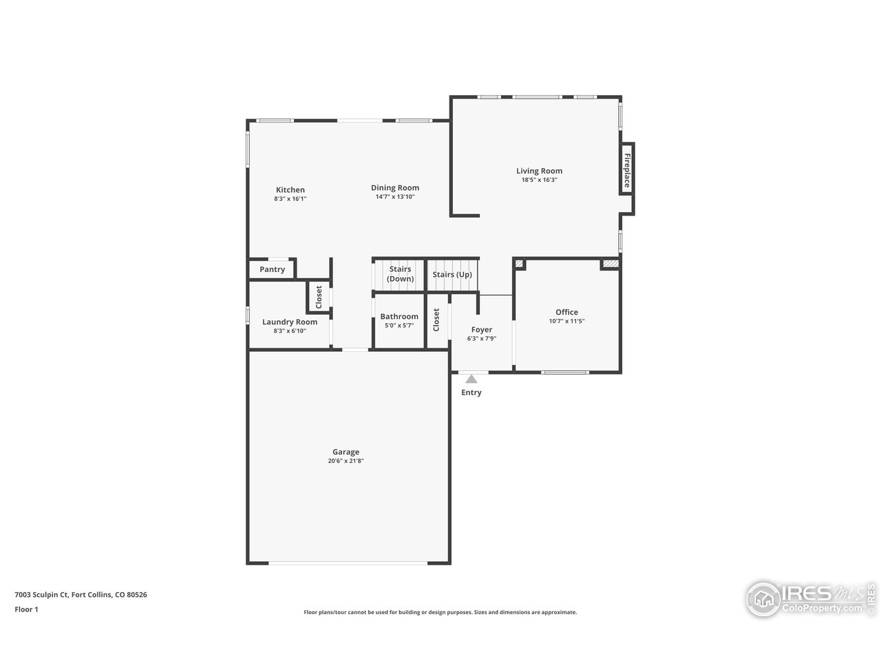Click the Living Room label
(539, 171)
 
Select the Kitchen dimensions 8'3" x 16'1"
(290, 198)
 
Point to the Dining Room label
(394, 187)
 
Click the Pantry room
(272, 269)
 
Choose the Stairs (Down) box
(400, 274)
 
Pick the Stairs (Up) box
(452, 275)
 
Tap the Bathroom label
(399, 317)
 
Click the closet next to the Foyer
(436, 319)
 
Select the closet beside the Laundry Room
(319, 297)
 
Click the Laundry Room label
(290, 322)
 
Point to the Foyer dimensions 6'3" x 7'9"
(481, 338)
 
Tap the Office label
(566, 312)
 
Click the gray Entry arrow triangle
(471, 379)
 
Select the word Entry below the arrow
(471, 392)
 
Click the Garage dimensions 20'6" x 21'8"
(346, 461)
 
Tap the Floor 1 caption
(26, 609)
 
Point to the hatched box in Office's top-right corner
(610, 263)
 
